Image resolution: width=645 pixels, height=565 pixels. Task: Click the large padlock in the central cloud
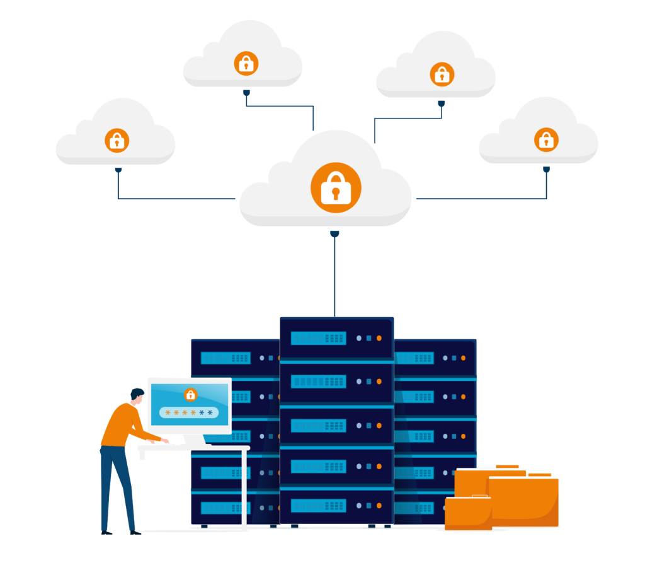point(335,187)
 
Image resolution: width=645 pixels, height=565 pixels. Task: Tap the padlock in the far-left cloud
point(117,140)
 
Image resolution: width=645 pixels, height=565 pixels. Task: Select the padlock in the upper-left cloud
point(246,63)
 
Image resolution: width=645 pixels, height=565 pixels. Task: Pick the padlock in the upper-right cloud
point(442,74)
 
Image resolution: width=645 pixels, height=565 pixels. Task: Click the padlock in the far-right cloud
point(546,139)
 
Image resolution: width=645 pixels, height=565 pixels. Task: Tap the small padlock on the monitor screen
point(190,395)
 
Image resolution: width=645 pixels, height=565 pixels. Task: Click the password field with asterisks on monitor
point(189,412)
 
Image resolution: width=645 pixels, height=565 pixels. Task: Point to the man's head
point(137,395)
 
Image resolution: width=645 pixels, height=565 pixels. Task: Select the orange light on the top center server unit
point(379,338)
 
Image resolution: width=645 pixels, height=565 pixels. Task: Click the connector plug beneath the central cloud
point(334,234)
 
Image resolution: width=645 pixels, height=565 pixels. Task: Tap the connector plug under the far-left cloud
point(118,170)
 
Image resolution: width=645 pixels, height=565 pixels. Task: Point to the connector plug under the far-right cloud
point(546,169)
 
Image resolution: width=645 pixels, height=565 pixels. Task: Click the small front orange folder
point(468,513)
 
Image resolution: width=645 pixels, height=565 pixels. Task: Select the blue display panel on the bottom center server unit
point(318,505)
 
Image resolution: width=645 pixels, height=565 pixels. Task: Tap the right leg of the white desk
point(244,489)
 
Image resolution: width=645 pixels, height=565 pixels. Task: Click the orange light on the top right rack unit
point(463,358)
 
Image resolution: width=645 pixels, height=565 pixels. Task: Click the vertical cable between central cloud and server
point(334,277)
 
